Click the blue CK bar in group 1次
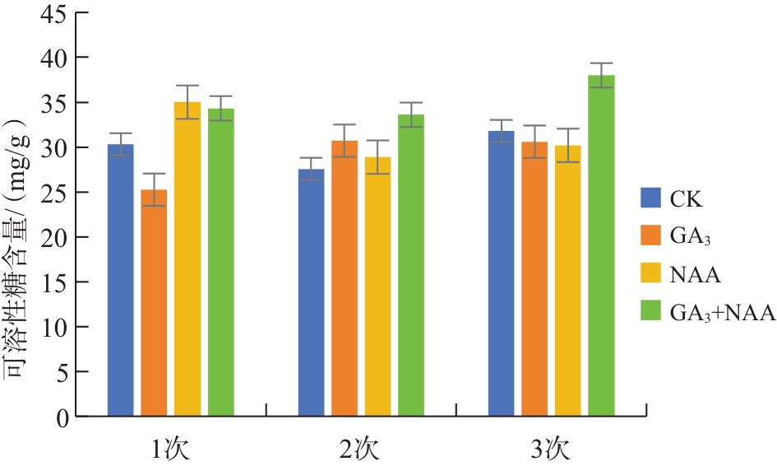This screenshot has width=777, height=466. (121, 280)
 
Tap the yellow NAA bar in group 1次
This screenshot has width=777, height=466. (187, 259)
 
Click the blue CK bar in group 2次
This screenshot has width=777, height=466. (311, 292)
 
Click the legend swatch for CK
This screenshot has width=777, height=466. (651, 198)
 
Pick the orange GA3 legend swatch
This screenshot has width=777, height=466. (651, 235)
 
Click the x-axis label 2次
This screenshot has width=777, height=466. (360, 450)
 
